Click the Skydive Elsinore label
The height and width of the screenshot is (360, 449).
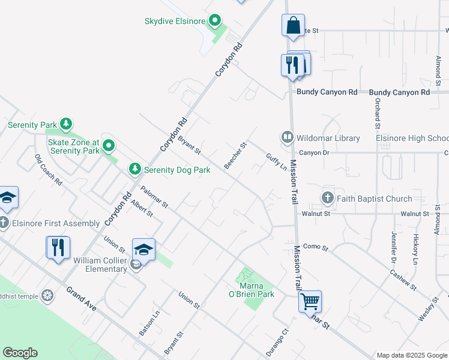175,21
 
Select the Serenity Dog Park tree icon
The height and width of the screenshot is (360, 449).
135,170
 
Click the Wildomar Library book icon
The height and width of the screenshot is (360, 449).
287,138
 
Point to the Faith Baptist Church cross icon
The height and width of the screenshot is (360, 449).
328,198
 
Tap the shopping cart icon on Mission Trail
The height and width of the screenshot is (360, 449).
310,301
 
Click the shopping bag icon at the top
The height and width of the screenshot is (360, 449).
293,26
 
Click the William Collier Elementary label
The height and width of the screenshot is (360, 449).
100,265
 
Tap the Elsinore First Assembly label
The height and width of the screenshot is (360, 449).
54,223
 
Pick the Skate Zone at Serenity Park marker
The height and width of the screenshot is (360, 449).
109,146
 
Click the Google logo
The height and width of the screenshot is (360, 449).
20,353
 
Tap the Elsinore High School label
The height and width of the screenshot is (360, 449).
412,138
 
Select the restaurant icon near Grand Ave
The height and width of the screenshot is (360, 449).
58,247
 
